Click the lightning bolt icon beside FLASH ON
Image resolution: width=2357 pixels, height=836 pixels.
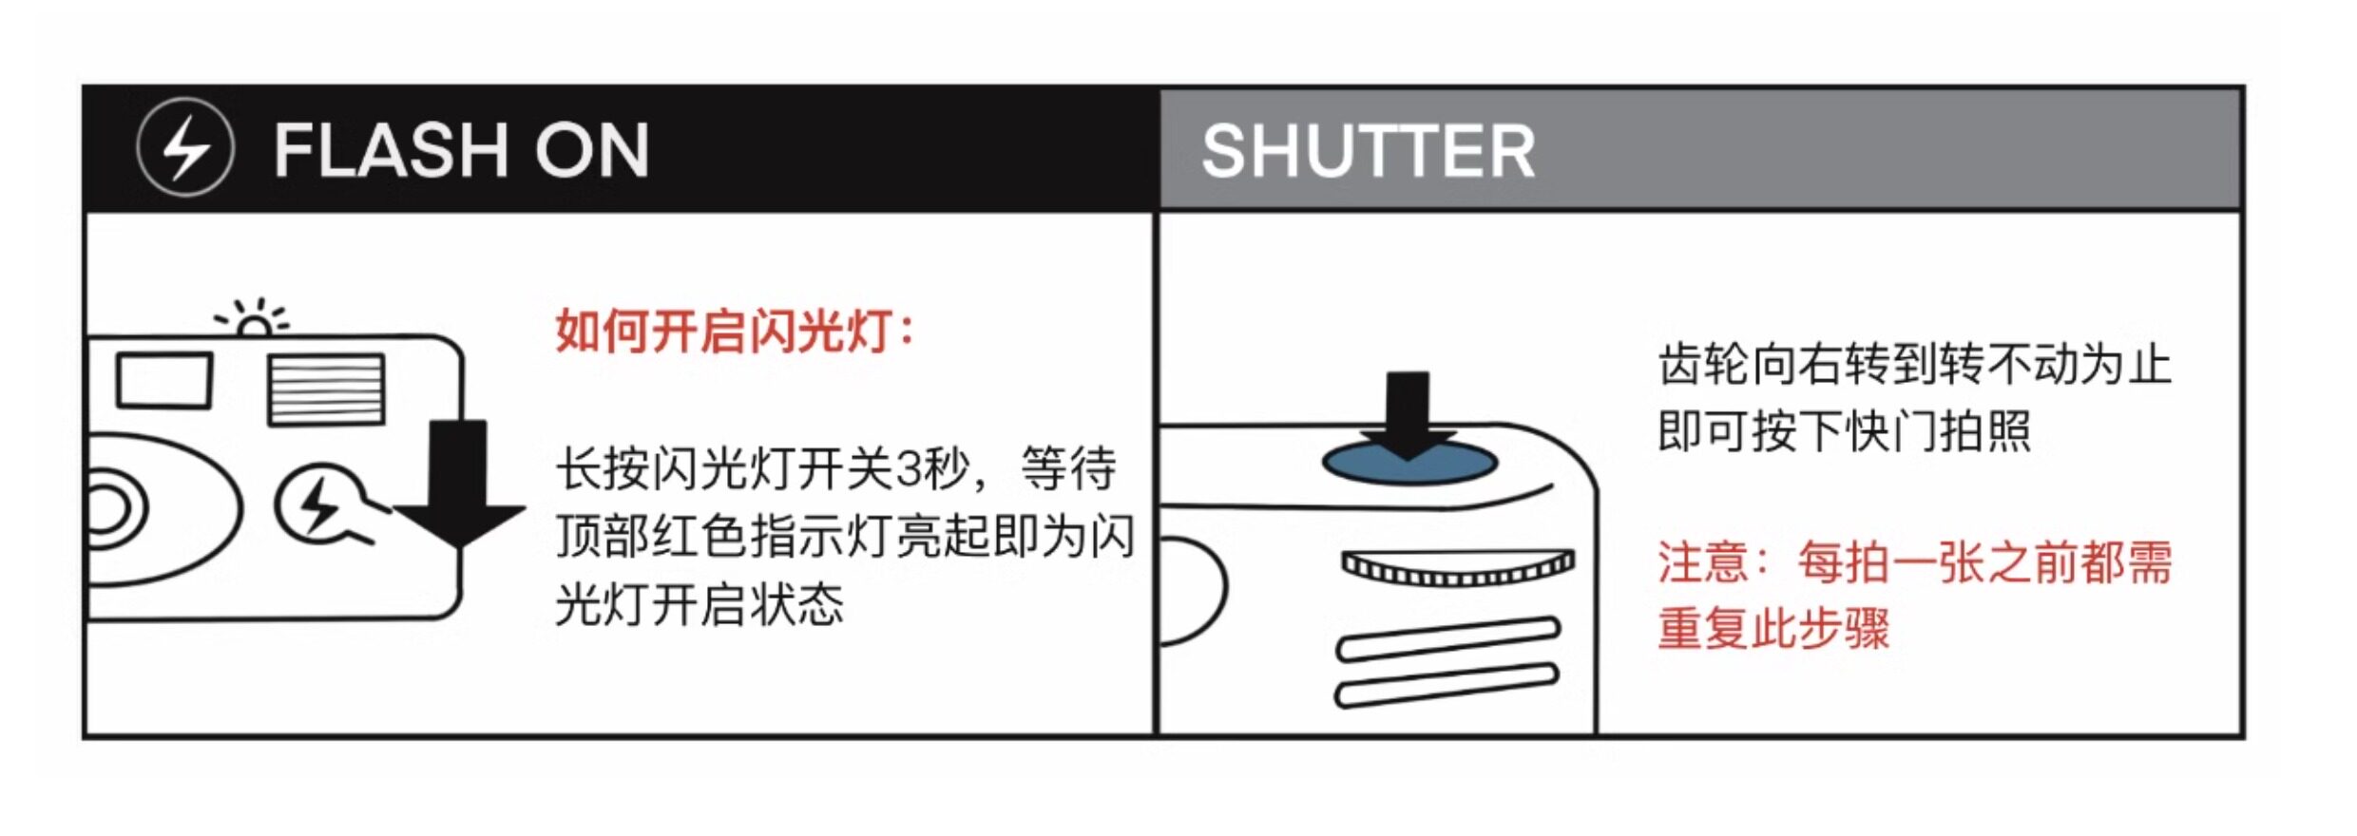pyautogui.click(x=184, y=148)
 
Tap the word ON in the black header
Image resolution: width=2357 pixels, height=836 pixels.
pyautogui.click(x=591, y=150)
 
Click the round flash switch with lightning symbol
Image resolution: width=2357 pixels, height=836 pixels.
pyautogui.click(x=317, y=504)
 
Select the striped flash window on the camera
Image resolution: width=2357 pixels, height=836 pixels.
pyautogui.click(x=326, y=389)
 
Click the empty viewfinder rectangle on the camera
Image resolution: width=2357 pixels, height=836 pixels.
pyautogui.click(x=163, y=381)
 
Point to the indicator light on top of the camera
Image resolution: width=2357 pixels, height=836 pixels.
pyautogui.click(x=253, y=326)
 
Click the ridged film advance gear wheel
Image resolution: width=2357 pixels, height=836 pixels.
pyautogui.click(x=1457, y=567)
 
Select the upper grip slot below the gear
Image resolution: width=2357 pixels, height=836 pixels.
pyautogui.click(x=1447, y=639)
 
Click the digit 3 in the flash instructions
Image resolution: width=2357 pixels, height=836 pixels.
pyautogui.click(x=910, y=469)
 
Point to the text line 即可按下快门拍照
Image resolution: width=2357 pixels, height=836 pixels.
pyautogui.click(x=1844, y=432)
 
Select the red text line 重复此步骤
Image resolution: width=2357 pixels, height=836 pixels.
pyautogui.click(x=1773, y=629)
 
